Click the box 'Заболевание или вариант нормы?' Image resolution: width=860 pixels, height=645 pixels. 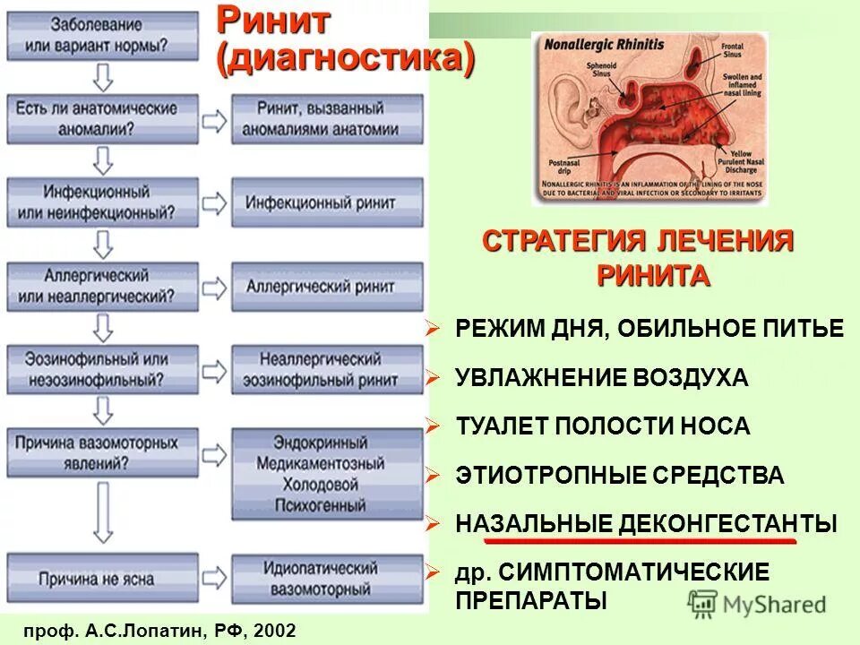click(x=104, y=34)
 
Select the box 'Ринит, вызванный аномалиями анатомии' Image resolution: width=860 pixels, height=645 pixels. click(x=327, y=117)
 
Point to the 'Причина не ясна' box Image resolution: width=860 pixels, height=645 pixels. click(x=104, y=578)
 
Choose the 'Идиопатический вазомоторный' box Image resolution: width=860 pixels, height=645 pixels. click(x=327, y=578)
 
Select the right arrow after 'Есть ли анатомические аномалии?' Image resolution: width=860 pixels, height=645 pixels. click(x=215, y=119)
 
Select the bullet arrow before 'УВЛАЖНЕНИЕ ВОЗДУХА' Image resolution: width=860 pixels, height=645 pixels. click(x=434, y=376)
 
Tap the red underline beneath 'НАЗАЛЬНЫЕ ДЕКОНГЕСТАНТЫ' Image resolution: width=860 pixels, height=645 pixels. click(x=640, y=541)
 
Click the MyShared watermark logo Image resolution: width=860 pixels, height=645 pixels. click(x=757, y=603)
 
